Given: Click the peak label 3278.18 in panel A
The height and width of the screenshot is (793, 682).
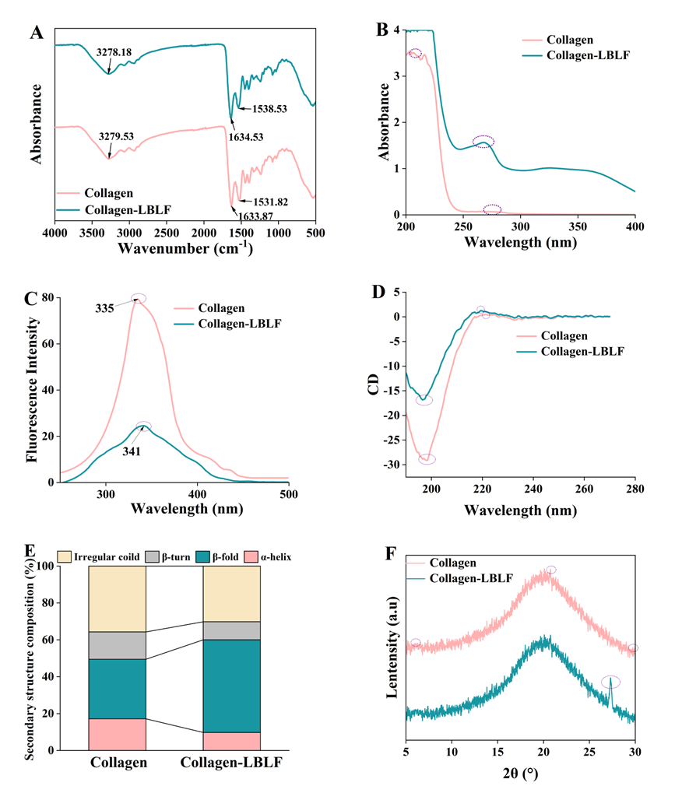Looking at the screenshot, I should [x=114, y=52].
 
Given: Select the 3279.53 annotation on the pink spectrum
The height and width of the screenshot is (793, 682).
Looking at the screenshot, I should [x=116, y=136].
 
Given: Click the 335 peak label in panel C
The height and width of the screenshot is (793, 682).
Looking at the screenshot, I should [x=105, y=308].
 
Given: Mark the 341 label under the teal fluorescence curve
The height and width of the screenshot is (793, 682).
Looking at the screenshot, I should [x=130, y=450].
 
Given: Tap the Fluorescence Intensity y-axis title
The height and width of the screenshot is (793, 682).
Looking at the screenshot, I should [x=33, y=389].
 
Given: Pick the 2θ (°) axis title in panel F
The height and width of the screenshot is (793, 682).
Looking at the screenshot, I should [x=520, y=774].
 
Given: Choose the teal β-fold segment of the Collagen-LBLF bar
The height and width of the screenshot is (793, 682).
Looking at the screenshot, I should [x=231, y=686].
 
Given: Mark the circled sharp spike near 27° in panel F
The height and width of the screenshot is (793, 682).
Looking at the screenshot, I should [x=611, y=682].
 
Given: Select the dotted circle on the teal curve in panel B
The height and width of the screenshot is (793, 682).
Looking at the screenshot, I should [x=483, y=141].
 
